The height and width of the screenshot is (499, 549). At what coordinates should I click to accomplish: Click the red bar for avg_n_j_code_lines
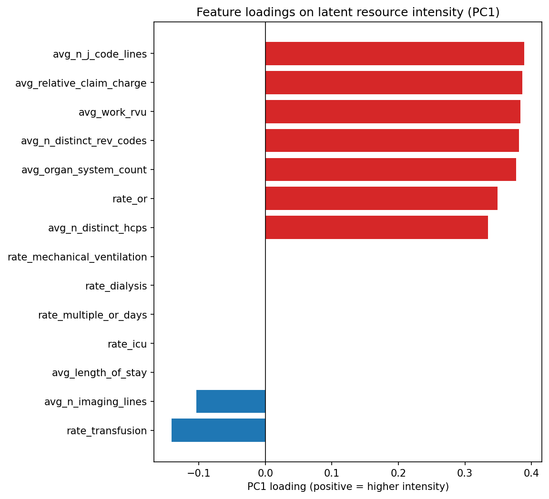coord(395,54)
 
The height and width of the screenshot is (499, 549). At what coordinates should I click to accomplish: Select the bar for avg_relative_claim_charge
coord(394,83)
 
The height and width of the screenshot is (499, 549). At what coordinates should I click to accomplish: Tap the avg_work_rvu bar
coord(393,112)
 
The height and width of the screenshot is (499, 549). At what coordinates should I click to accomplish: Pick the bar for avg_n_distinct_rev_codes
coord(392,140)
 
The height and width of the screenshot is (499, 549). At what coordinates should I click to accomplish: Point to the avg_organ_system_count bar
coord(390,170)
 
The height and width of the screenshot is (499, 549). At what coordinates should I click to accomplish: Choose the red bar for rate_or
coord(381,199)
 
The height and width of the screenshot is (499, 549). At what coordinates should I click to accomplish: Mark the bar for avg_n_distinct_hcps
coord(376,228)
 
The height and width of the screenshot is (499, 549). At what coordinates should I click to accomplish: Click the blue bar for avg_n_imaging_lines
coord(231,401)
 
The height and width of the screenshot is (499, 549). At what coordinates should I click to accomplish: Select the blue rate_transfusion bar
coord(218,430)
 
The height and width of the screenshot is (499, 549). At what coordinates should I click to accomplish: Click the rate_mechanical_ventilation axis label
coord(77,257)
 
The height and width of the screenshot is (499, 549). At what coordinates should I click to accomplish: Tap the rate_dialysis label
coord(116,286)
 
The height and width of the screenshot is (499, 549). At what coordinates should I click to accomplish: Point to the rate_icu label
coord(127,344)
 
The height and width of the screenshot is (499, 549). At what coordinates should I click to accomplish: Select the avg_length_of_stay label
coord(99,373)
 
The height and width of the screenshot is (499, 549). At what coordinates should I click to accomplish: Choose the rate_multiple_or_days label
coord(92,315)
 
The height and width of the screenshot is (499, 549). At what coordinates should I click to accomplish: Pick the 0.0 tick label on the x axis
coord(265,473)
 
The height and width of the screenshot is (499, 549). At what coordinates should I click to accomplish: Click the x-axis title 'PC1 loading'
coord(348,487)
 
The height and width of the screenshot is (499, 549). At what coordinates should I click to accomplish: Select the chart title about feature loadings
coord(348,13)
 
